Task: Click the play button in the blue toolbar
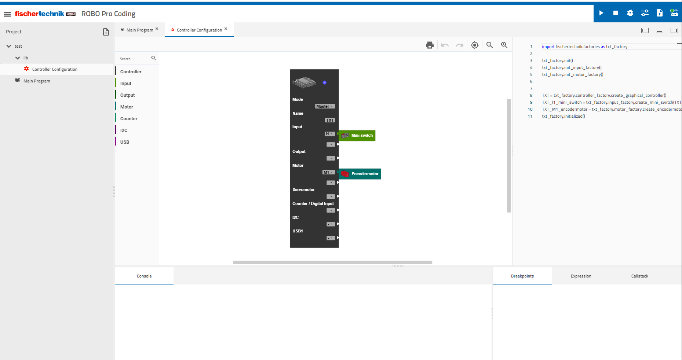[x=601, y=13]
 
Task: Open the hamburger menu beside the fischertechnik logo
[x=7, y=14]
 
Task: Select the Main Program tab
[x=140, y=30]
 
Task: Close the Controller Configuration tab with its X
[x=226, y=29]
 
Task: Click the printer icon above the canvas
[x=430, y=45]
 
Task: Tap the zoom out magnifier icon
[x=489, y=45]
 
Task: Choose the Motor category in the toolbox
[x=127, y=107]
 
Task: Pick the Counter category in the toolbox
[x=129, y=119]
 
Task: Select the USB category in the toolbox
[x=125, y=142]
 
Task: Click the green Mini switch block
[x=357, y=136]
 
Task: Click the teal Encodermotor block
[x=360, y=174]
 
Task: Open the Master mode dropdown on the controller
[x=325, y=106]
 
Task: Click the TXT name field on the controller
[x=330, y=120]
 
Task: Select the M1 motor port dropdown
[x=329, y=172]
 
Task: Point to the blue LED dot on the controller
[x=325, y=82]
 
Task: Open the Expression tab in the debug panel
[x=581, y=276]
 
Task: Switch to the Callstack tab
[x=640, y=276]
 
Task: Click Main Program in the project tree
[x=37, y=81]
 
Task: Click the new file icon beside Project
[x=106, y=32]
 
